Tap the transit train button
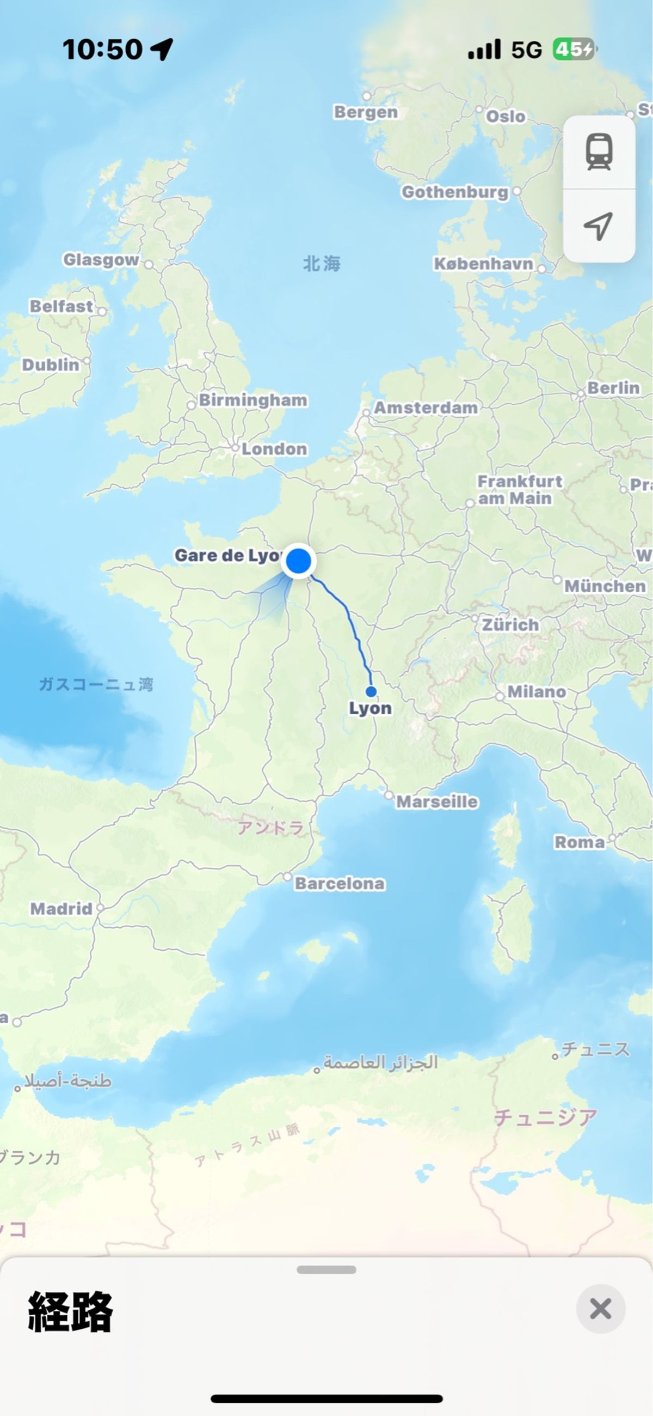599,152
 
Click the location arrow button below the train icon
599,226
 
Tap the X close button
600,1308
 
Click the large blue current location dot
298,561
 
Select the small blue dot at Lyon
371,691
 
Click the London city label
274,449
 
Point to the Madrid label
61,909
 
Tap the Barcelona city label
340,883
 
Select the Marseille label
436,801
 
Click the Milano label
536,691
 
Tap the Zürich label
510,624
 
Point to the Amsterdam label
425,408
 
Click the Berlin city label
613,388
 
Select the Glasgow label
101,259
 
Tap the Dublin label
51,364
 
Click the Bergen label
366,112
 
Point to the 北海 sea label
322,264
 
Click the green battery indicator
574,50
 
